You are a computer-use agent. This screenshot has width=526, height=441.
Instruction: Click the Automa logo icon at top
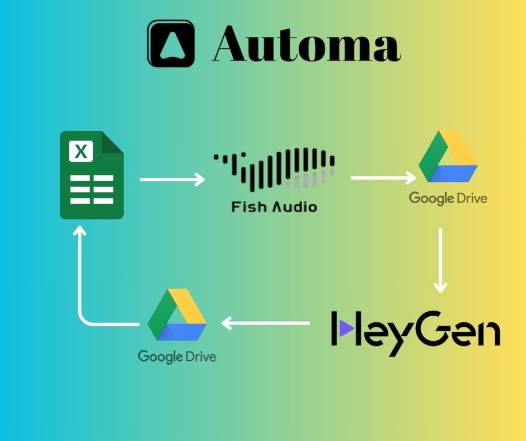(x=171, y=44)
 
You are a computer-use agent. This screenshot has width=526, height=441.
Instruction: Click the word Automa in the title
(x=307, y=44)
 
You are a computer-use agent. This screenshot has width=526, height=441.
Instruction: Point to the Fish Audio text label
(x=274, y=207)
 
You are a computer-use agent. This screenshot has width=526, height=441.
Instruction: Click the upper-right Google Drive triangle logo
(x=448, y=158)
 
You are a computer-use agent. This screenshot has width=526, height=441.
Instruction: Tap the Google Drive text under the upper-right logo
(x=448, y=198)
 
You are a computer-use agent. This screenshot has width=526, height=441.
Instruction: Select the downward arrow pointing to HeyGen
(x=441, y=260)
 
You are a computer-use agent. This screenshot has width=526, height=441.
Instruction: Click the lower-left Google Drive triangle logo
(x=177, y=315)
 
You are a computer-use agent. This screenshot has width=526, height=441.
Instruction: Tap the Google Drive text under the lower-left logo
(x=177, y=356)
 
